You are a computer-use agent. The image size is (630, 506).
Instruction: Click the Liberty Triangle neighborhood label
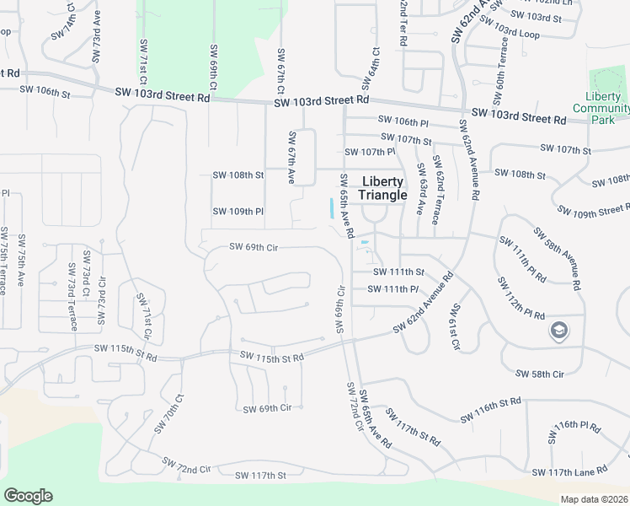coord(383,188)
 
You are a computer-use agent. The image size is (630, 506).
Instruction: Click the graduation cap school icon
coord(557,331)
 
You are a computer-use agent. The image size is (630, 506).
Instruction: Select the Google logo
coord(28,496)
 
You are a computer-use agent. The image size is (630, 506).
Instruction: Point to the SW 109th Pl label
coord(238,211)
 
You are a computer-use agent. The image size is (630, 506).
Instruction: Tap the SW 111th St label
coord(398,272)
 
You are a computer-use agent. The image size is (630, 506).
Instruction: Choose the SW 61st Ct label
coord(455,327)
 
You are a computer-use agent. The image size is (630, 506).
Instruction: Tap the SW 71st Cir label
coord(145,315)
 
